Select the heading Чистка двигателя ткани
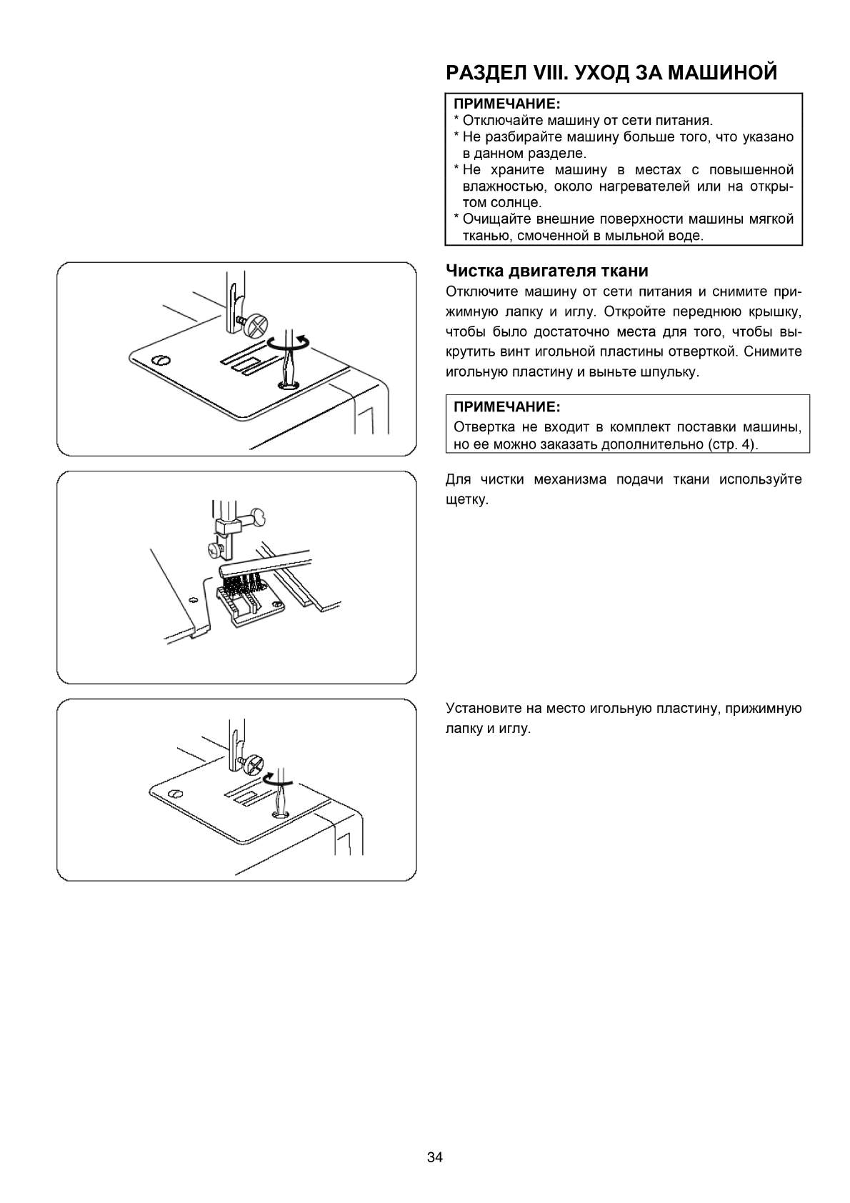546,271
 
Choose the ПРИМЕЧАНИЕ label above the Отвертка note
506,407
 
